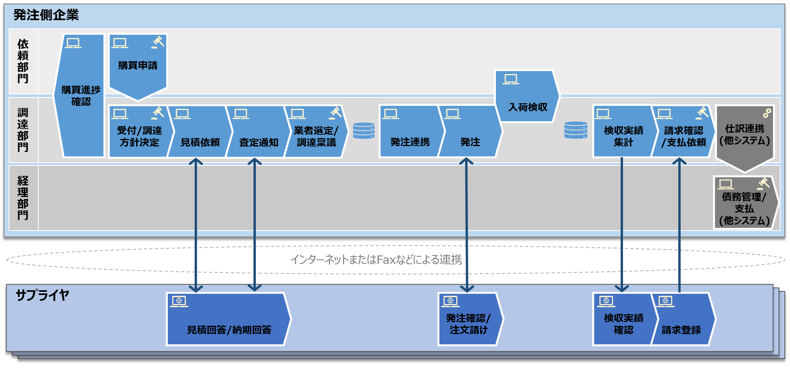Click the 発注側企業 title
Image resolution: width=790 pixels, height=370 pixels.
pyautogui.click(x=46, y=15)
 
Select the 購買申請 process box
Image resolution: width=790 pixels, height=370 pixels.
pyautogui.click(x=138, y=65)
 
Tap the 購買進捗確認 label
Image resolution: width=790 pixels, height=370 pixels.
pyautogui.click(x=81, y=96)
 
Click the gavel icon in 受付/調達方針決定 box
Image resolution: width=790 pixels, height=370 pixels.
pyautogui.click(x=158, y=113)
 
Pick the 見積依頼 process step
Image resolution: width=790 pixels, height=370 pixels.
pyautogui.click(x=200, y=136)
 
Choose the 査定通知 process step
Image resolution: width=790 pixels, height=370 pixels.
pyautogui.click(x=258, y=136)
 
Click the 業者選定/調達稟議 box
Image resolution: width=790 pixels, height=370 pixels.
pyautogui.click(x=316, y=136)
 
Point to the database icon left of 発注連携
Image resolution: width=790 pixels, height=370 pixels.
pyautogui.click(x=364, y=131)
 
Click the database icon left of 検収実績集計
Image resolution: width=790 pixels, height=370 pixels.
pyautogui.click(x=576, y=130)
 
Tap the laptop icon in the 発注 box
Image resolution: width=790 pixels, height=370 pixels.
pyautogui.click(x=452, y=114)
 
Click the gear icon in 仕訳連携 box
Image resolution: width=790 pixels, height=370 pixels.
pyautogui.click(x=767, y=113)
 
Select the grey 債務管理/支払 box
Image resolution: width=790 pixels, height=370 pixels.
pyautogui.click(x=745, y=205)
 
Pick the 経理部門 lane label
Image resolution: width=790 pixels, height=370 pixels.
pyautogui.click(x=23, y=198)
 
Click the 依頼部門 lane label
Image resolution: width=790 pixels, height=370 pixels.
pyautogui.click(x=23, y=61)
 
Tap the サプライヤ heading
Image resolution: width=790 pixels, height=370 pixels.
pyautogui.click(x=42, y=295)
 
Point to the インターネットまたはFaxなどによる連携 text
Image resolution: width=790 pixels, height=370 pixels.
pyautogui.click(x=376, y=259)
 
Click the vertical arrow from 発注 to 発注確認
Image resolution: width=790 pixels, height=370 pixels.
pyautogui.click(x=467, y=225)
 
